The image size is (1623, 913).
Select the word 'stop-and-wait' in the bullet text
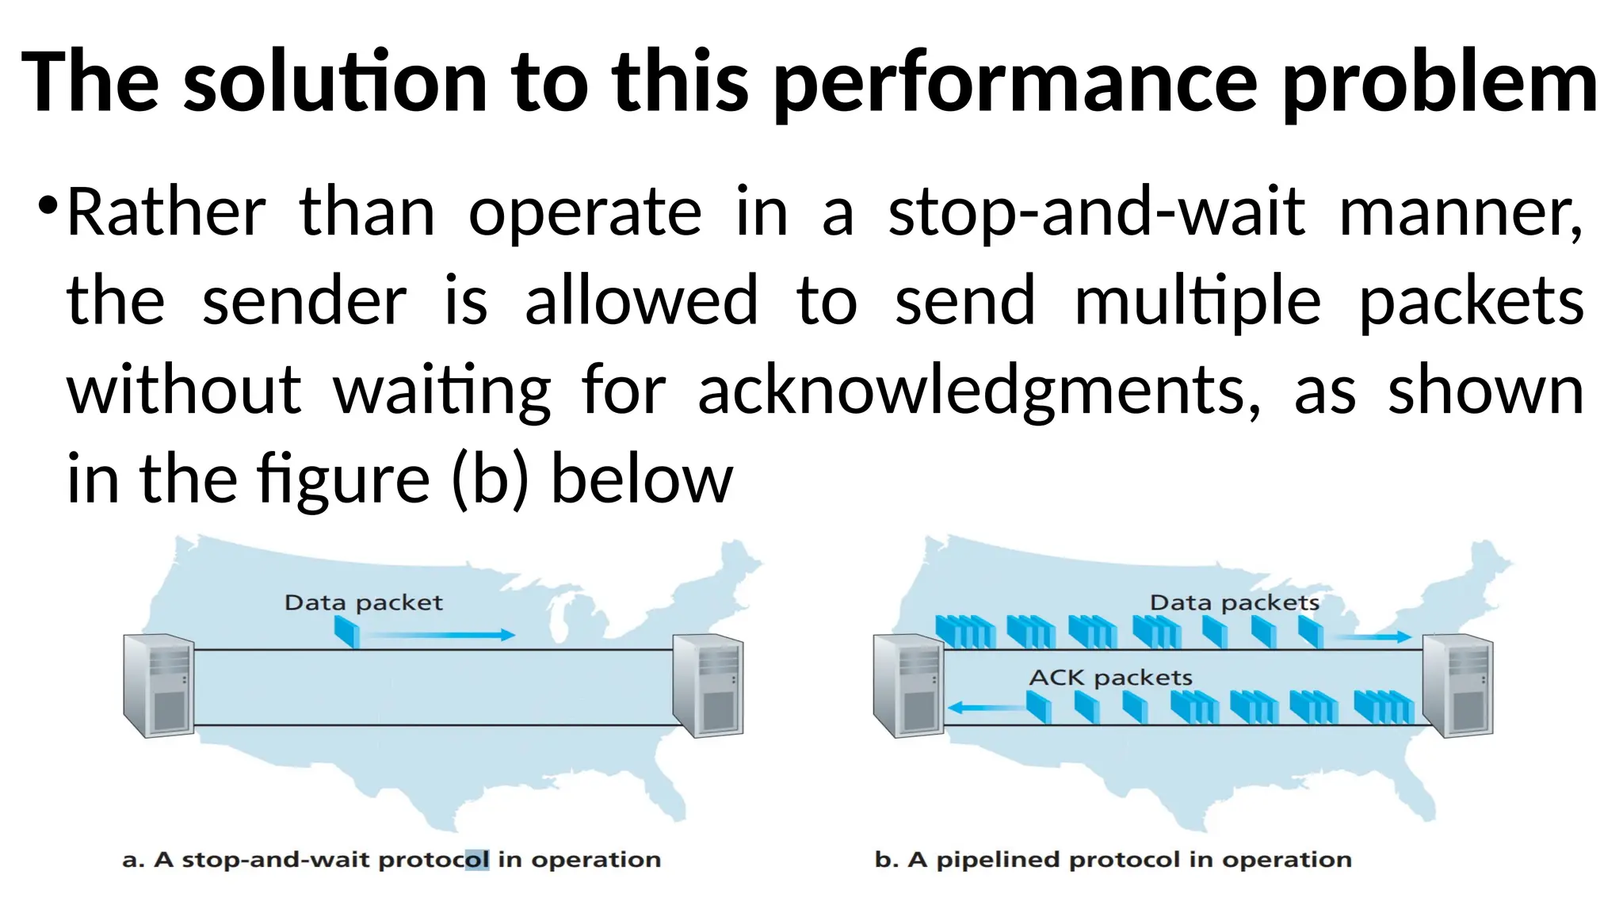pos(1096,212)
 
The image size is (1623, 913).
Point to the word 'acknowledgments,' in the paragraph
pos(979,391)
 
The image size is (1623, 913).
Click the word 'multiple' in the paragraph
pos(1197,301)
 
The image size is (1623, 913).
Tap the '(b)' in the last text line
pos(489,479)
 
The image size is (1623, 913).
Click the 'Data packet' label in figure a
pos(363,603)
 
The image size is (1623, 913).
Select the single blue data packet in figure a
pos(347,632)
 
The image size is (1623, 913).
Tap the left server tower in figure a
pos(158,685)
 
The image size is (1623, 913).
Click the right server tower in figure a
pos(708,685)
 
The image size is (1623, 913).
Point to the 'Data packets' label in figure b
pos(1234,603)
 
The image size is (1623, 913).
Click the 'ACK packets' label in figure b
pos(1110,678)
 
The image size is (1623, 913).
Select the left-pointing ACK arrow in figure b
pos(987,707)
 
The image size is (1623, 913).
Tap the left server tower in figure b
pos(908,685)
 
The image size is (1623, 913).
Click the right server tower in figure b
pos(1457,685)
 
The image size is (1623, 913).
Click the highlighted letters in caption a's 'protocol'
pos(477,860)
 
